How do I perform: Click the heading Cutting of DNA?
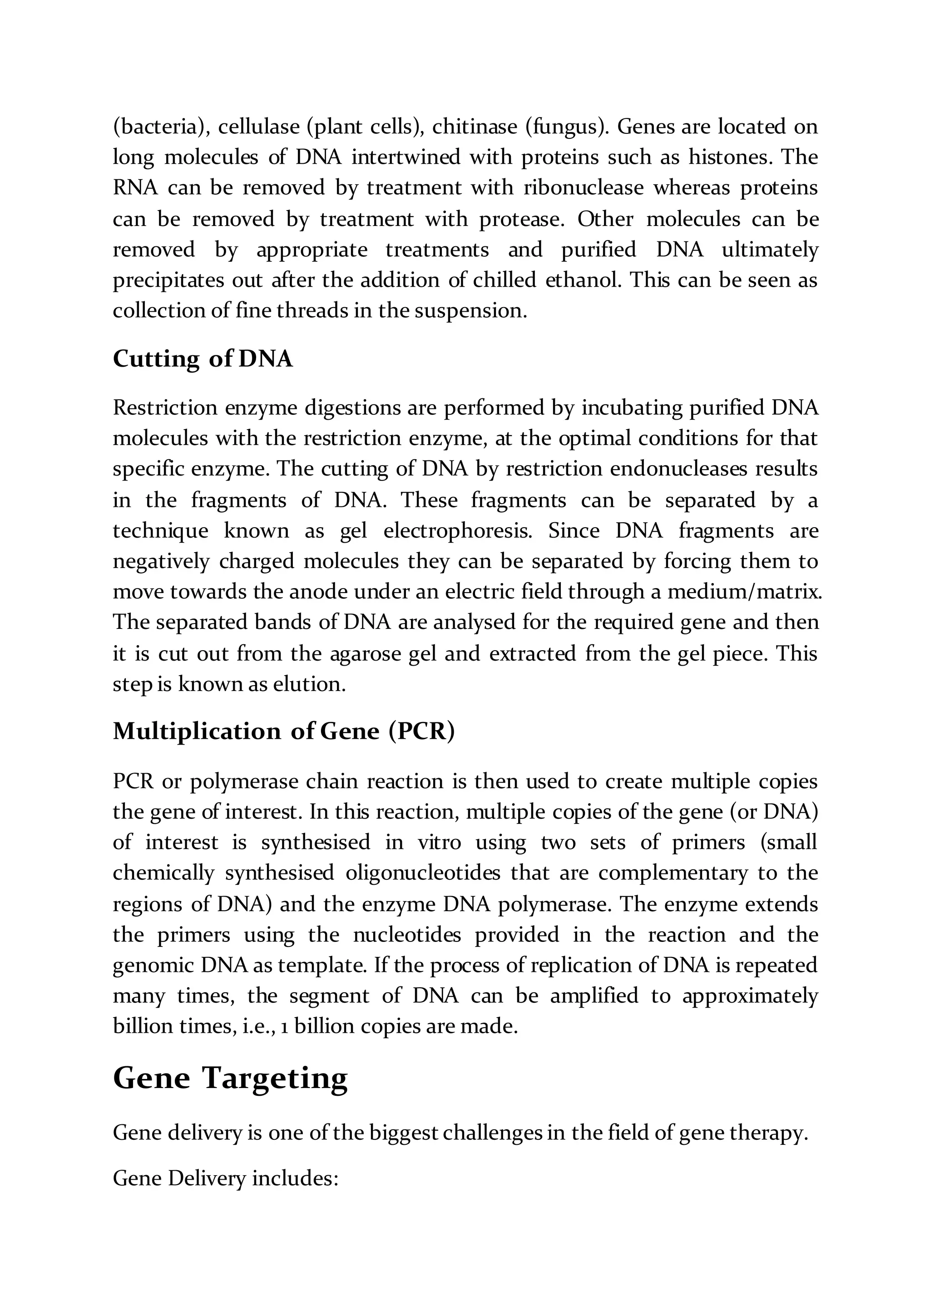[203, 359]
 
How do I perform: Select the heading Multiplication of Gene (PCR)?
[283, 731]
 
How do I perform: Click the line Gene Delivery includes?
[226, 1179]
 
